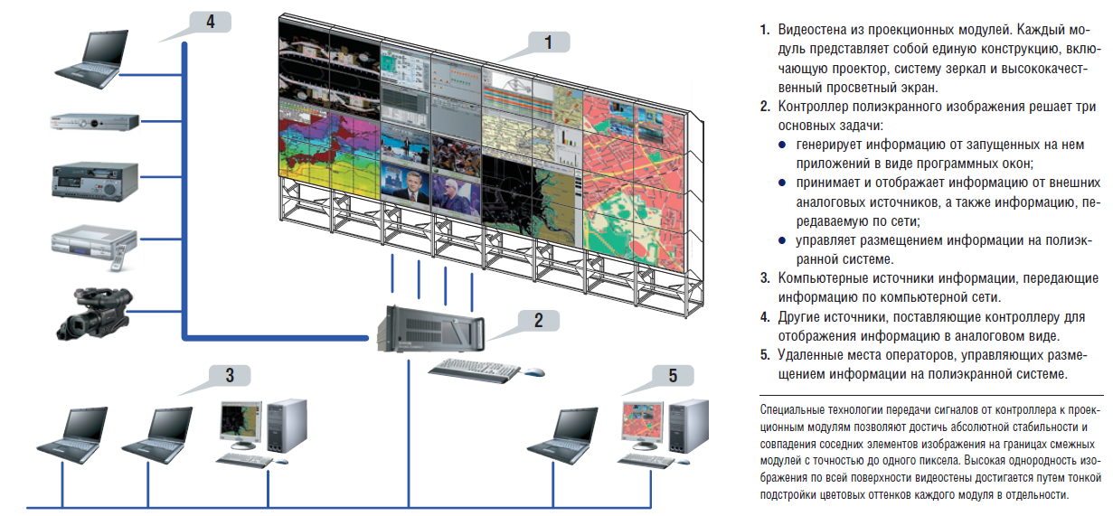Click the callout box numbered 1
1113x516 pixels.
click(x=549, y=42)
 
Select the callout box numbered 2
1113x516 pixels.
click(x=539, y=320)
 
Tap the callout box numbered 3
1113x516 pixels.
click(x=230, y=375)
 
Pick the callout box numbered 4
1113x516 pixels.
click(x=210, y=22)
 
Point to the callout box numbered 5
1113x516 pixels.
click(x=673, y=375)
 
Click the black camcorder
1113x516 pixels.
click(x=94, y=313)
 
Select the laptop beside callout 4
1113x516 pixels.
click(x=92, y=59)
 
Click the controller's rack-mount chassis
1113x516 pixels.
click(x=430, y=329)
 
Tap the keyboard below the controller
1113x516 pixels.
click(x=474, y=370)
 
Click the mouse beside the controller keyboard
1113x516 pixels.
click(x=534, y=371)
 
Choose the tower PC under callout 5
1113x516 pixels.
click(x=688, y=426)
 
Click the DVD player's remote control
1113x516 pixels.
click(x=118, y=258)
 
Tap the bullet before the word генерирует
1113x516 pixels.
click(x=782, y=145)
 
